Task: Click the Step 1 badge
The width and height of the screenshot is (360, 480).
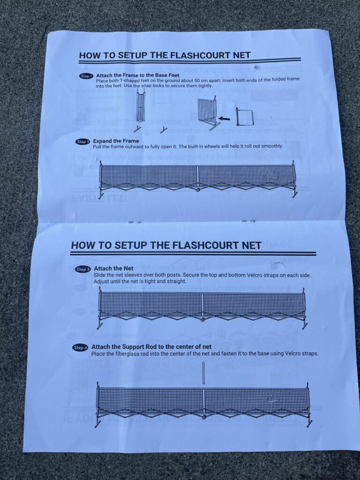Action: [x=87, y=76]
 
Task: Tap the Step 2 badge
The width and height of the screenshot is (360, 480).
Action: [x=83, y=142]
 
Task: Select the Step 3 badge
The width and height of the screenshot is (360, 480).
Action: [x=82, y=270]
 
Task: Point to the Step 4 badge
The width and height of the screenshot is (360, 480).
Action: [x=80, y=348]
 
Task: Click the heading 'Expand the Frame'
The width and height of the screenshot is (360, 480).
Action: [x=116, y=141]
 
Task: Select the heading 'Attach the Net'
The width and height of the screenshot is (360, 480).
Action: [x=113, y=269]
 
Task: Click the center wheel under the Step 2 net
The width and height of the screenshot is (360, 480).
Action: [x=198, y=190]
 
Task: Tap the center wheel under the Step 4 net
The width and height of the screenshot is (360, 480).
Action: [x=204, y=417]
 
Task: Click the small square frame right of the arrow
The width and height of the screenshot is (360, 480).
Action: [x=244, y=117]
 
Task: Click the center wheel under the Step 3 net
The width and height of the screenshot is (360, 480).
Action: [x=202, y=320]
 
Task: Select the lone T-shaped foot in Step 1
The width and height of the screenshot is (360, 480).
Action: [x=163, y=129]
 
